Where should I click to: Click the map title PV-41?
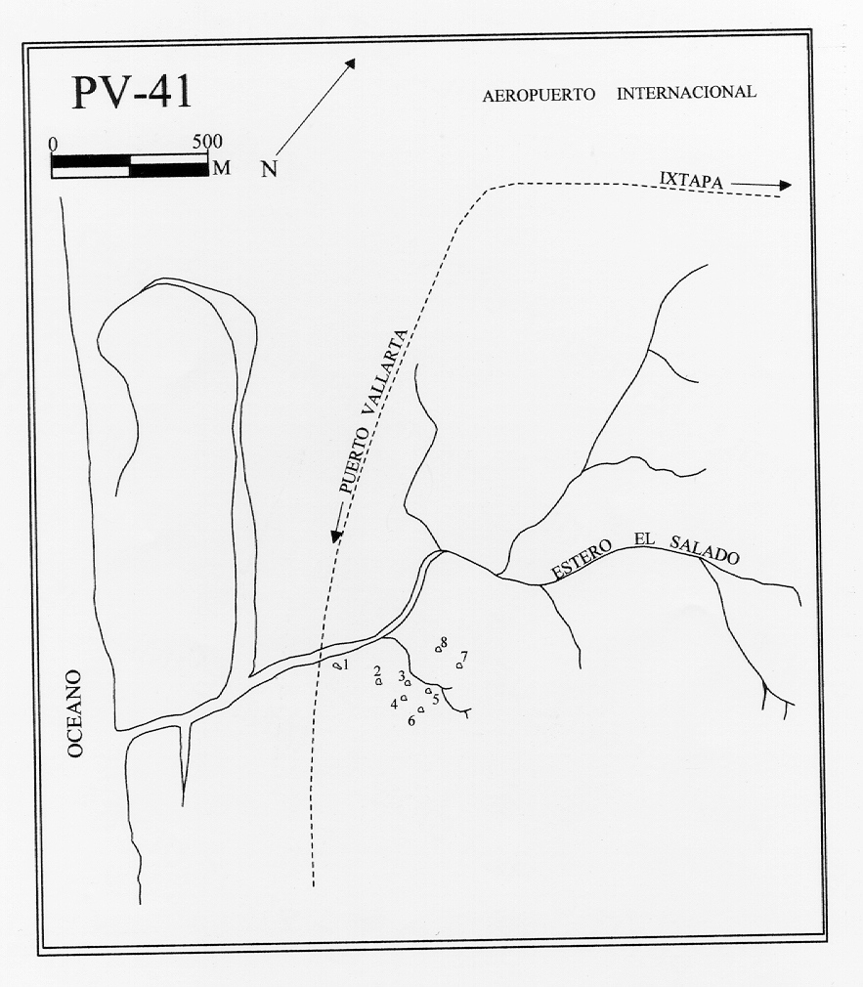(131, 92)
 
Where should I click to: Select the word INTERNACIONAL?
(686, 93)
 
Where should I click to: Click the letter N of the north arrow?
(269, 169)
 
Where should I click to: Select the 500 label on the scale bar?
(207, 141)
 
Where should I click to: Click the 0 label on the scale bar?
(53, 142)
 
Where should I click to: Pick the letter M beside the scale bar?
(222, 167)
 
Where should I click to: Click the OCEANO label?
(77, 713)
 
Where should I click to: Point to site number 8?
(444, 642)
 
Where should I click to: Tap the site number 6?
(411, 721)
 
